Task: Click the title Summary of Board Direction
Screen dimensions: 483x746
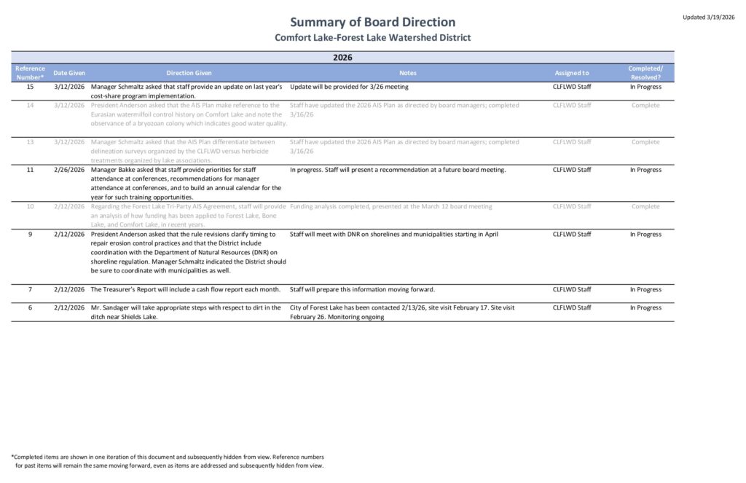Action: pos(372,22)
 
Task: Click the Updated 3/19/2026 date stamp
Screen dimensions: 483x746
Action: pos(708,17)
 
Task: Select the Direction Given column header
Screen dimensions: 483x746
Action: pos(189,73)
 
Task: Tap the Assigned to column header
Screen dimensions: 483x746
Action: pos(572,73)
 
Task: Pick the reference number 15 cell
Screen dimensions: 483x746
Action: pos(30,87)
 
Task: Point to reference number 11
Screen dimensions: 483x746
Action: pos(30,170)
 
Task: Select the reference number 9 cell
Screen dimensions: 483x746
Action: pos(30,235)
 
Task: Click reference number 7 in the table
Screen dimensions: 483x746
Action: pos(30,289)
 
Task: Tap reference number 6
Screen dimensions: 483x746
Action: pos(30,307)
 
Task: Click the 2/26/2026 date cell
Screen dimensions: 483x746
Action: pos(69,170)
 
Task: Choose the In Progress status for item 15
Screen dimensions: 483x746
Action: pos(645,87)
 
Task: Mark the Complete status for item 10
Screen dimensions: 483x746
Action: pos(645,207)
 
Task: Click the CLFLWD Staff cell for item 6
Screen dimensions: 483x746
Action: pos(572,307)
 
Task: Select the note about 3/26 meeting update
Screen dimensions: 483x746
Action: pos(349,87)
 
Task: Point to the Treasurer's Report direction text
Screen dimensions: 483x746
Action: pos(186,289)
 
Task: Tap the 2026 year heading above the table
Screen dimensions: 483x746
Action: pos(342,57)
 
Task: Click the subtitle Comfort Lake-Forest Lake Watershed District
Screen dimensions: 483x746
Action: pos(372,37)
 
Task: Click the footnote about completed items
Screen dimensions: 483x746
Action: pos(168,461)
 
